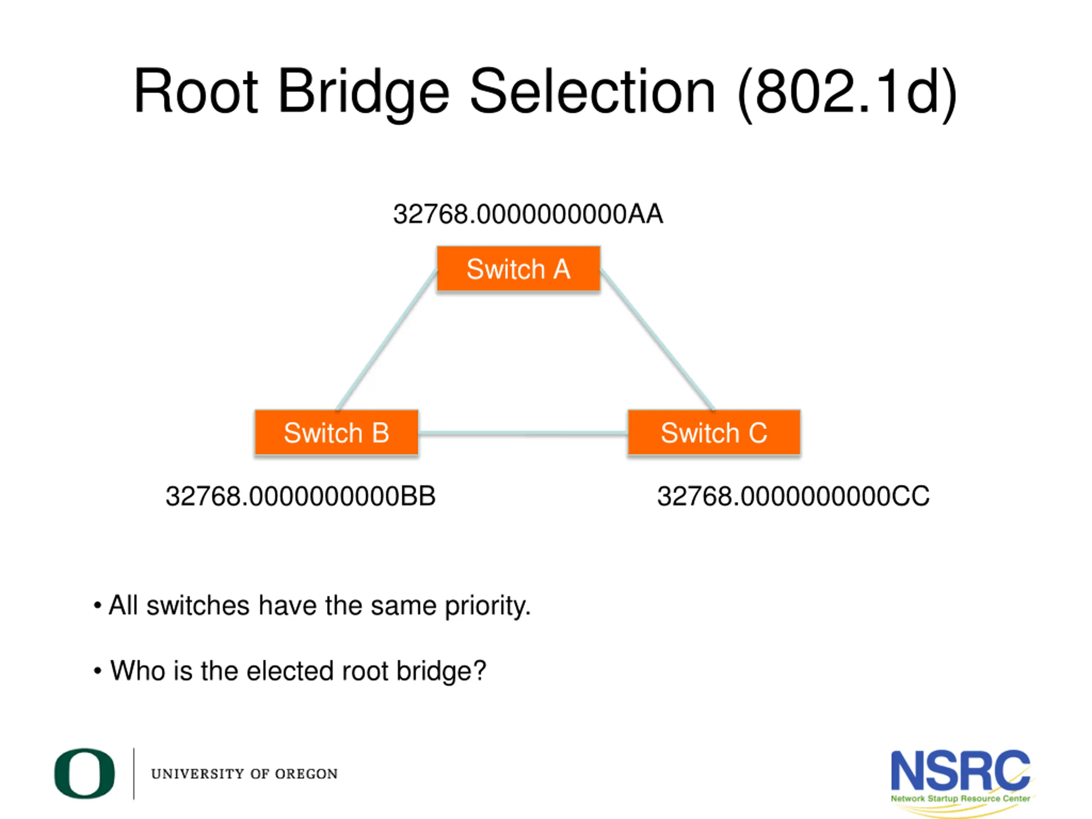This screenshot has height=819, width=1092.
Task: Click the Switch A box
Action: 518,269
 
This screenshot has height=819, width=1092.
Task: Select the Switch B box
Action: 336,433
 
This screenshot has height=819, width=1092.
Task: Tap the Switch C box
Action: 714,433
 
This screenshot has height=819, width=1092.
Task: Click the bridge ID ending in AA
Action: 528,214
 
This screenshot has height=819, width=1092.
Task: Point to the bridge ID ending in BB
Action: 301,496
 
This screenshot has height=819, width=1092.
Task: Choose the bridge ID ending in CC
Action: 793,496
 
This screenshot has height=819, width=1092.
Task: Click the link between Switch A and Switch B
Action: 387,340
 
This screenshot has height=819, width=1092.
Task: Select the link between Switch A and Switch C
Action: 657,340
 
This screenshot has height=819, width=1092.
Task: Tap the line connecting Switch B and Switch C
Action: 523,433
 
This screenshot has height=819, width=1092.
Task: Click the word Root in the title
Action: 195,92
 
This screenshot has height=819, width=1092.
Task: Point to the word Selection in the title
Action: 592,92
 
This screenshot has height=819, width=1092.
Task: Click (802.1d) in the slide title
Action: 847,94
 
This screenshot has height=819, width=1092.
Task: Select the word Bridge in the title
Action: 364,94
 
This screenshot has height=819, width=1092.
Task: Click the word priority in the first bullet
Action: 487,606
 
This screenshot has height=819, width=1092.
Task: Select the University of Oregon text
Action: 244,774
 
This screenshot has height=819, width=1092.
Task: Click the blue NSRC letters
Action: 960,771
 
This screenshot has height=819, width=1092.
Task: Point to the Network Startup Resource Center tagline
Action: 960,798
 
